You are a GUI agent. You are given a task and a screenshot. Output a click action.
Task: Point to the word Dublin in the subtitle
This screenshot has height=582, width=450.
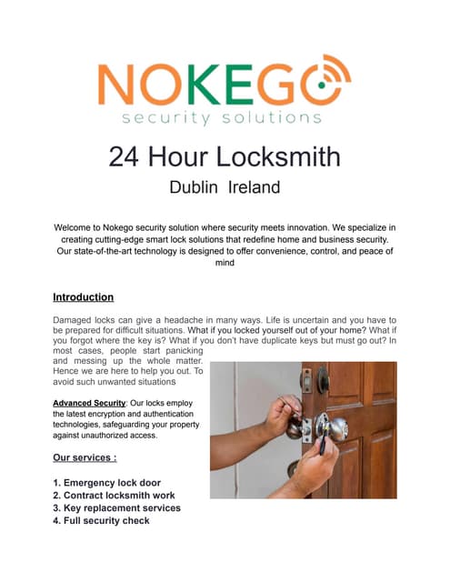196,188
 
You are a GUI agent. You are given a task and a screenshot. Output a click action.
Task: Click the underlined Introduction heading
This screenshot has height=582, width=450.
83,297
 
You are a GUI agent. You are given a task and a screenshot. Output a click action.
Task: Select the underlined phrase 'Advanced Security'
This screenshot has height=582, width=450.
90,401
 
